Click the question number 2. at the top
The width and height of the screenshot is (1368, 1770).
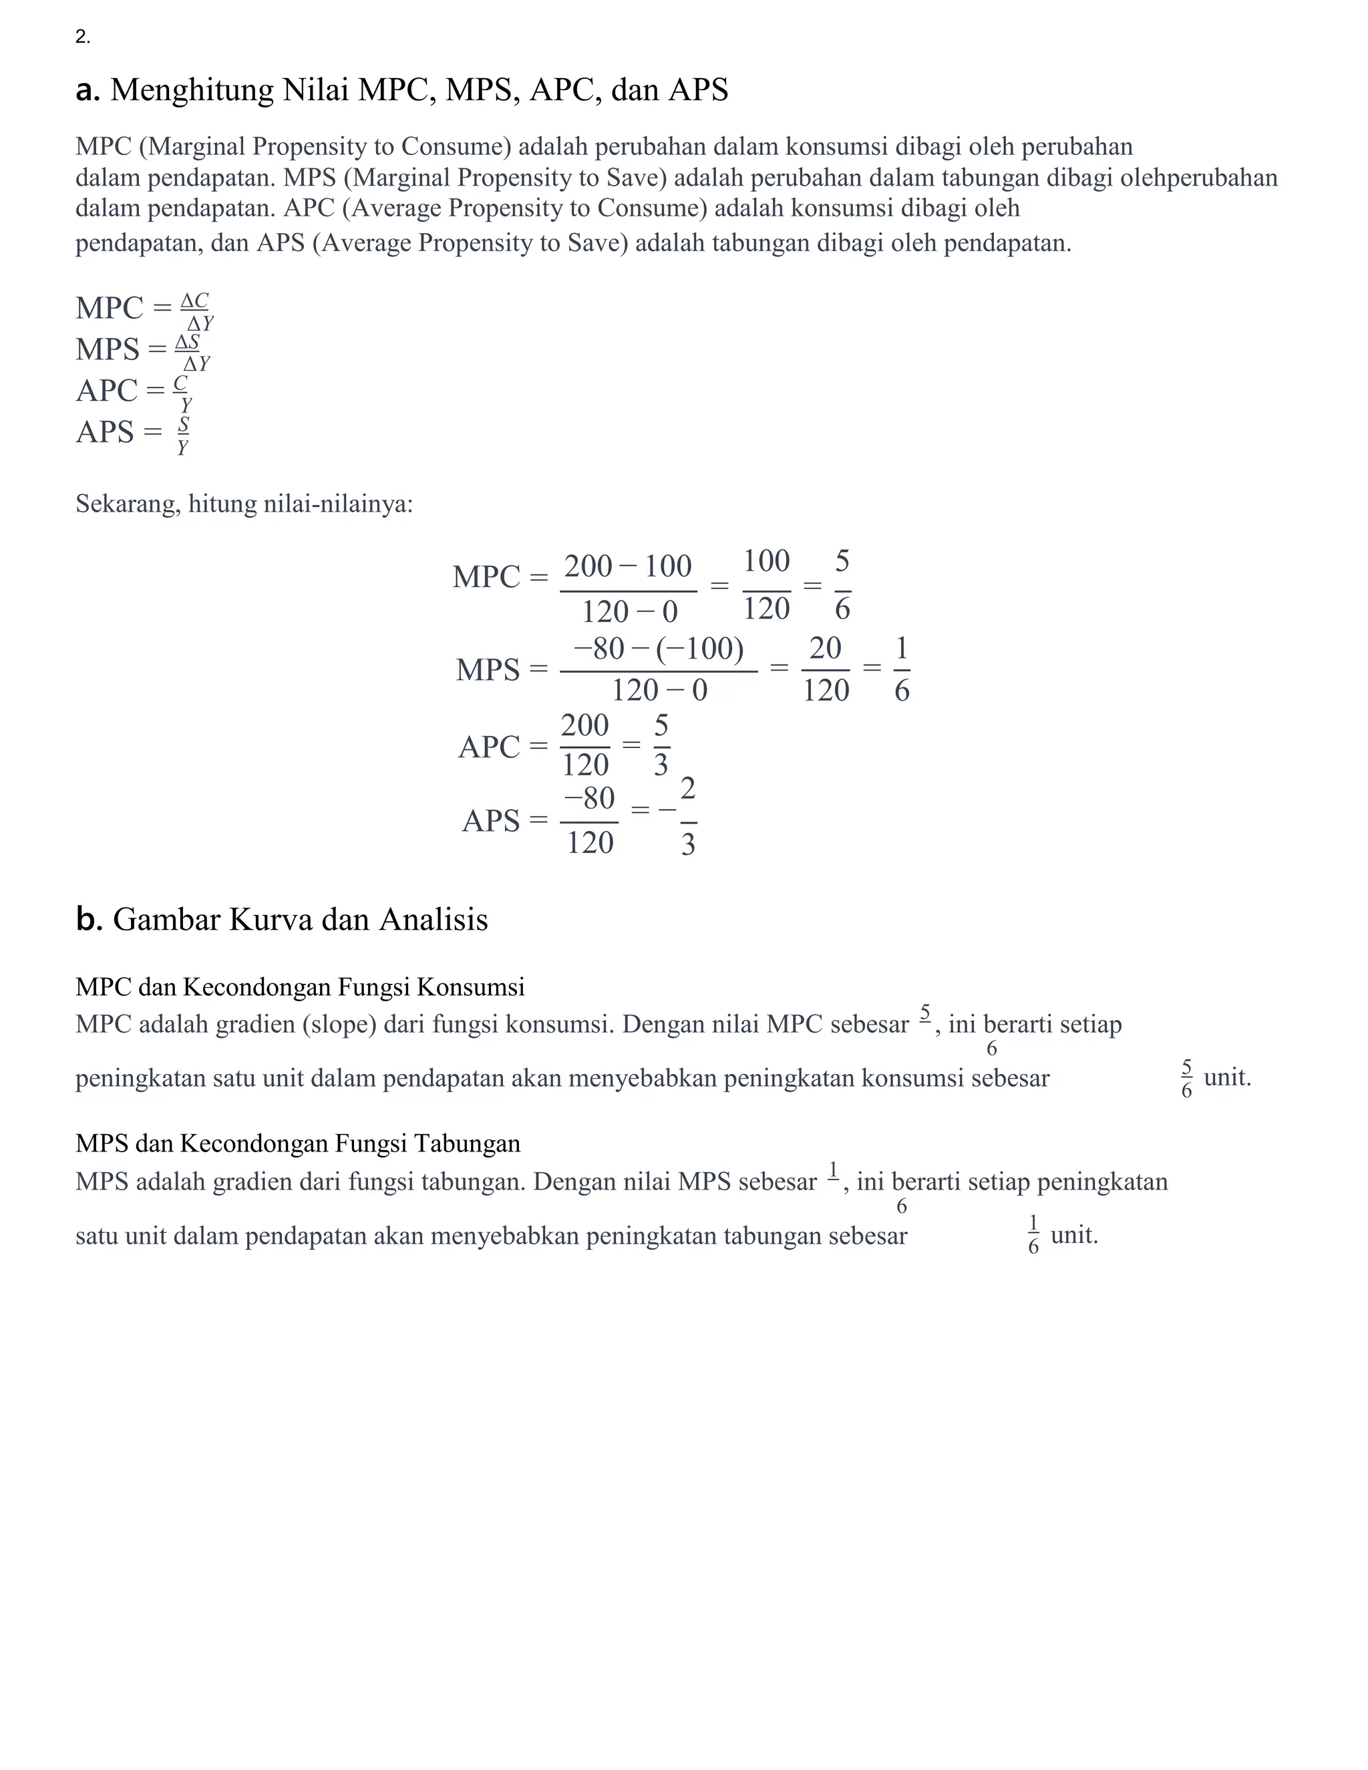coord(83,37)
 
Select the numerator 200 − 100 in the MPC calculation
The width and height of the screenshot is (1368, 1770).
coord(628,566)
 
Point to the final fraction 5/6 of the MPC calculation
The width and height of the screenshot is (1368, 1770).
coord(842,584)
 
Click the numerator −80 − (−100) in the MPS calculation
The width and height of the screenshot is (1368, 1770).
coord(658,649)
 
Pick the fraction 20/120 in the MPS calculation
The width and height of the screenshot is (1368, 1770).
coord(825,669)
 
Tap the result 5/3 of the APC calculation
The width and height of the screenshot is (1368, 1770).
coord(661,744)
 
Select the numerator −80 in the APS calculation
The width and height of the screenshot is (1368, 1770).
coord(589,798)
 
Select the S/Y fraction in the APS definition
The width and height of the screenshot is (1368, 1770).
coord(183,435)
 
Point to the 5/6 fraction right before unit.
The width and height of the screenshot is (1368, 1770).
coord(1186,1078)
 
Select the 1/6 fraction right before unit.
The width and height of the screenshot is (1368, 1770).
coord(1033,1235)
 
